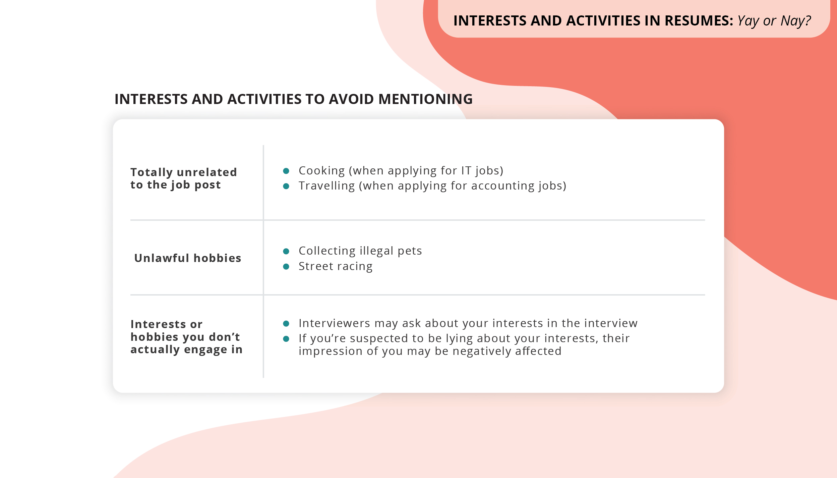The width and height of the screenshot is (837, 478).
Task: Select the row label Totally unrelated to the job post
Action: tap(184, 178)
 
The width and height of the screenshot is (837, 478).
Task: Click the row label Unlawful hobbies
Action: tap(187, 258)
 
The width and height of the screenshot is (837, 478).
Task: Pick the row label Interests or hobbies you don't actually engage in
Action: tap(186, 337)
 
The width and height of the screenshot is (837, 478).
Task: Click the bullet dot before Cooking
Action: tap(286, 171)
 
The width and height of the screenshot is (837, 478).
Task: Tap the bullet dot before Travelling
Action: tap(286, 186)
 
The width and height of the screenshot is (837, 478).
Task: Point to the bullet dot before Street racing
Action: tap(286, 267)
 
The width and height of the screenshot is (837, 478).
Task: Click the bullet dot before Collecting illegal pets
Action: tap(286, 251)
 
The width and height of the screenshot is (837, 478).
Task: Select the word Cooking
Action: tap(321, 171)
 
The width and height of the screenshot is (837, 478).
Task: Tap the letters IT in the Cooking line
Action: tap(466, 171)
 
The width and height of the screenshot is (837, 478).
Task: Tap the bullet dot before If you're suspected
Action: tap(286, 339)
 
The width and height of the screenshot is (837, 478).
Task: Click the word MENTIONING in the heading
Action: tap(425, 99)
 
